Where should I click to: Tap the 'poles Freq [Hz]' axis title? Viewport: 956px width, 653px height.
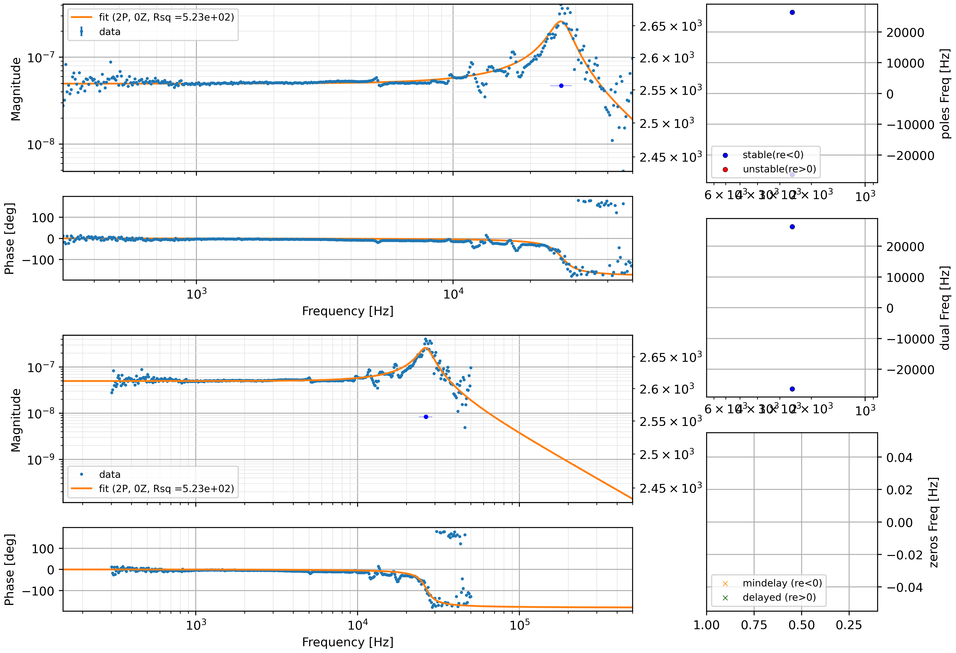pyautogui.click(x=945, y=94)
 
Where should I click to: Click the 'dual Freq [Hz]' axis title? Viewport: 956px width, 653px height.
pyautogui.click(x=945, y=308)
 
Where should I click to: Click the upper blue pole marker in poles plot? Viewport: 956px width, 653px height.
pyautogui.click(x=792, y=12)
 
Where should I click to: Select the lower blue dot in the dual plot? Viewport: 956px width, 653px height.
pyautogui.click(x=792, y=389)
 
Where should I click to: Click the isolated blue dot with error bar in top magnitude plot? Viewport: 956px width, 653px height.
pyautogui.click(x=561, y=86)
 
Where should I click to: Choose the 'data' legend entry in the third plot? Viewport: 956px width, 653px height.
pyautogui.click(x=109, y=475)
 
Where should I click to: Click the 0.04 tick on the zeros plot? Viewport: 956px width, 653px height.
pyautogui.click(x=899, y=457)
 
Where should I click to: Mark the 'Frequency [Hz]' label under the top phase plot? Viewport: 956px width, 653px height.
pyautogui.click(x=347, y=311)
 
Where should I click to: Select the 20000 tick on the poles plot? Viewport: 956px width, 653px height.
pyautogui.click(x=905, y=32)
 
